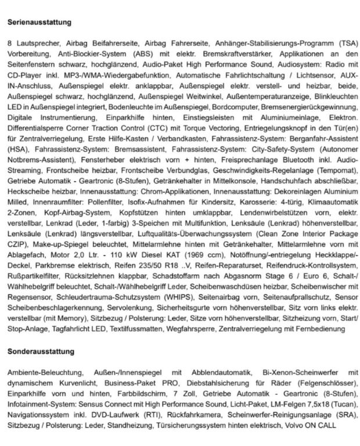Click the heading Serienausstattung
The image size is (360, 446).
point(39,23)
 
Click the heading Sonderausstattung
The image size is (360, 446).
point(41,352)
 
